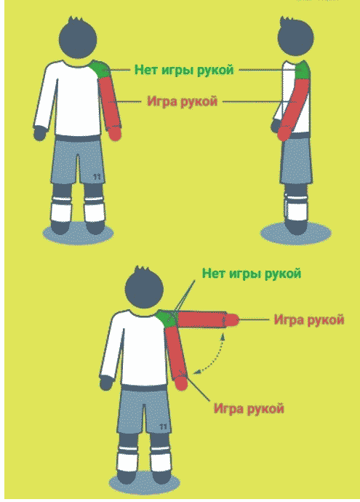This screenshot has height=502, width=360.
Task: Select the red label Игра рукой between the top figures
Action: (182, 102)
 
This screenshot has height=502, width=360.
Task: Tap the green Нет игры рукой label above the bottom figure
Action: (252, 274)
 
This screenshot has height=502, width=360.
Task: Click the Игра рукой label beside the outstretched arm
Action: (308, 319)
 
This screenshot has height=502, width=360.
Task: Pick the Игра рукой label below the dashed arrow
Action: (248, 407)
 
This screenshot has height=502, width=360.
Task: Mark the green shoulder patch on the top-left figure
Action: (100, 69)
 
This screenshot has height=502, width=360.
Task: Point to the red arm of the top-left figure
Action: (111, 105)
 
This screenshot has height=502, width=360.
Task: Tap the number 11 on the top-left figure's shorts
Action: (98, 175)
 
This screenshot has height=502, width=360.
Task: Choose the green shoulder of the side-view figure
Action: (302, 71)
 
